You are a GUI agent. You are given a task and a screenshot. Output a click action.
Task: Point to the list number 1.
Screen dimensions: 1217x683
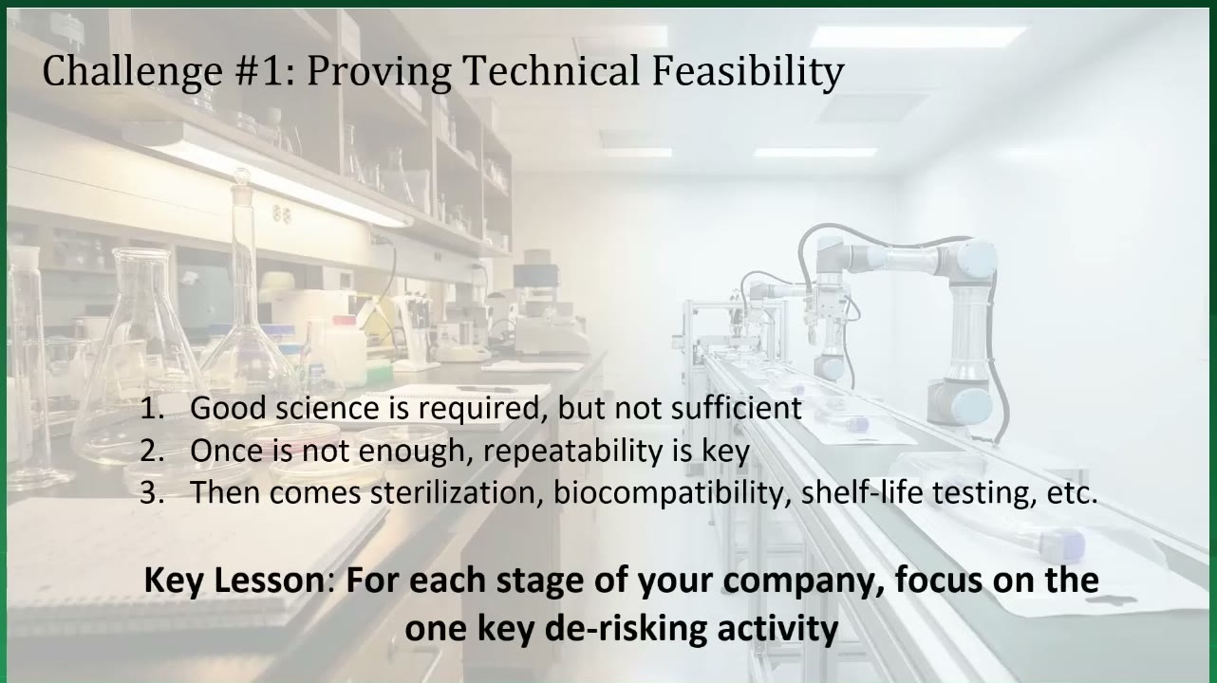[152, 408]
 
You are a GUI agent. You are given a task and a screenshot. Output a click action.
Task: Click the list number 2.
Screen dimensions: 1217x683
[152, 451]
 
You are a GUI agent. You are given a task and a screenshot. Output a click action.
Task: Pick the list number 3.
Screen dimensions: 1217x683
[152, 493]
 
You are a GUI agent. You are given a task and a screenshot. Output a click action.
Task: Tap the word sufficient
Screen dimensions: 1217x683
[736, 407]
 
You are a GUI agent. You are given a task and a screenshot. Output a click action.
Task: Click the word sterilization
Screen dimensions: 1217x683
[457, 493]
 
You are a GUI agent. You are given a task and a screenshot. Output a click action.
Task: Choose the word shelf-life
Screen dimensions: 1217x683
[862, 492]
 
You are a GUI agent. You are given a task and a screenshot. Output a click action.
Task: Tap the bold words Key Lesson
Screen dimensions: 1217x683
[235, 580]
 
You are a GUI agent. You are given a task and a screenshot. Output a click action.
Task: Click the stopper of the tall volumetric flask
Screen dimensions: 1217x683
[241, 178]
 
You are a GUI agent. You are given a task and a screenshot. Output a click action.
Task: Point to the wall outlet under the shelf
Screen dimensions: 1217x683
[281, 215]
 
